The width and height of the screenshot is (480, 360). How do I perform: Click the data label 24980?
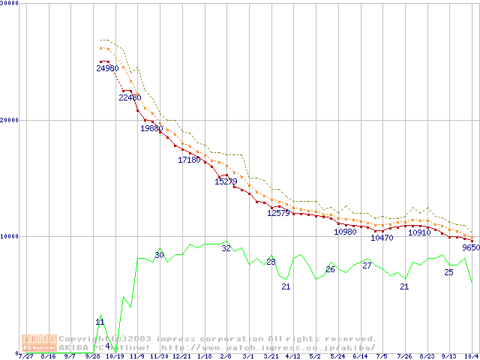tap(107, 68)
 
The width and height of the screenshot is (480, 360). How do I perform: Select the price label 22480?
tap(129, 97)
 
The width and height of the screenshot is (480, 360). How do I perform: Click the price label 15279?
tap(226, 181)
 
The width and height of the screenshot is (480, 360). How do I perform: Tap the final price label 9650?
tap(470, 247)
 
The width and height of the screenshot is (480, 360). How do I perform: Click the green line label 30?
tap(159, 255)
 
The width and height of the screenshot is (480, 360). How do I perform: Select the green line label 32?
tap(226, 248)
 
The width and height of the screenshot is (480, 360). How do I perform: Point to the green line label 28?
tap(271, 262)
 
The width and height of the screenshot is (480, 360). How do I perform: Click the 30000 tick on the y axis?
tap(9, 3)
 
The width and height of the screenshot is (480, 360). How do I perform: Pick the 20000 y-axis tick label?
tap(9, 120)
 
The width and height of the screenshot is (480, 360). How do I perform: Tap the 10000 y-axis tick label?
tap(9, 236)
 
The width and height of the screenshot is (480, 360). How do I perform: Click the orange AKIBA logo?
tap(39, 343)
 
